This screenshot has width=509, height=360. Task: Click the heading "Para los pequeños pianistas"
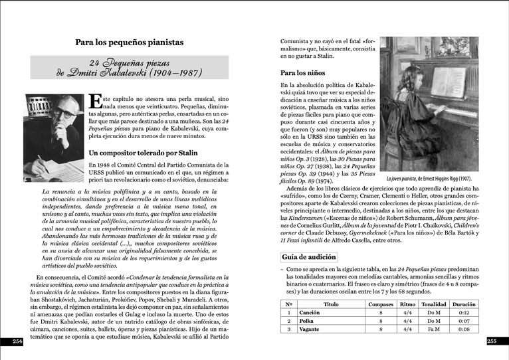click(130, 43)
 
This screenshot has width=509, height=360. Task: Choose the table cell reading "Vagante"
click(309, 328)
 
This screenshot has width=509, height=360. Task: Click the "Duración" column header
click(464, 304)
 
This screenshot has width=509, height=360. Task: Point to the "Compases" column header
click(381, 304)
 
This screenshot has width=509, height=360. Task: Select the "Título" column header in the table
click(330, 304)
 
